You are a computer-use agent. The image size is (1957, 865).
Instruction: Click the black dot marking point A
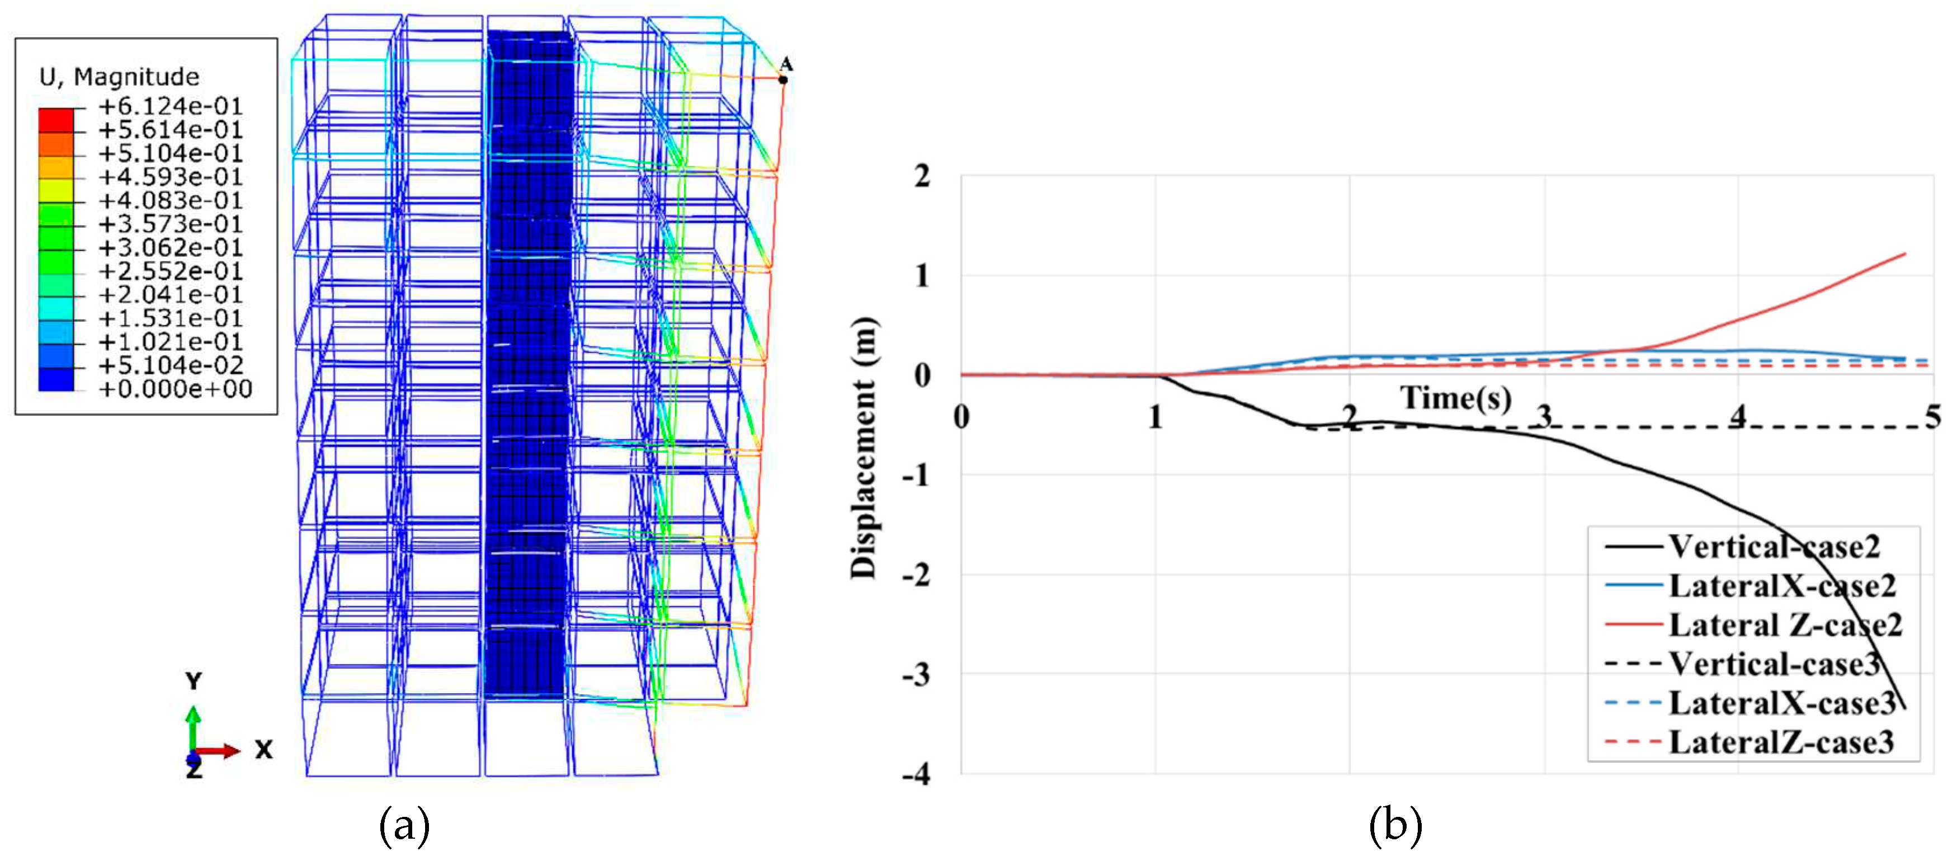click(x=783, y=79)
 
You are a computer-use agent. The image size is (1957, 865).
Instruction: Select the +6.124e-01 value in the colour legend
click(x=170, y=106)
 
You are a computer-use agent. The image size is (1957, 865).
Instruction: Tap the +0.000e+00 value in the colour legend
click(x=175, y=389)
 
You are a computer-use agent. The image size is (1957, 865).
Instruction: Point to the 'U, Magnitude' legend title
click(x=119, y=77)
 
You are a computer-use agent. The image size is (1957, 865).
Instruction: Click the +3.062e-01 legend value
click(x=170, y=248)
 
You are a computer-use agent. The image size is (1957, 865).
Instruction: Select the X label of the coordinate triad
click(x=263, y=750)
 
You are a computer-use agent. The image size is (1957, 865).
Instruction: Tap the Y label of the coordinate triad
click(x=194, y=681)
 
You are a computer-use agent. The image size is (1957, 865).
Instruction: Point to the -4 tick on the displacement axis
click(x=916, y=775)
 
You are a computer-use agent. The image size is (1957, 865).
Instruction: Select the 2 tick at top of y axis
click(x=922, y=176)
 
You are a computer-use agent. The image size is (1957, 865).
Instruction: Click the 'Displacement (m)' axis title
click(x=864, y=449)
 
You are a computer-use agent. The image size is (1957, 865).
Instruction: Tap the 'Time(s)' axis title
click(x=1456, y=398)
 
